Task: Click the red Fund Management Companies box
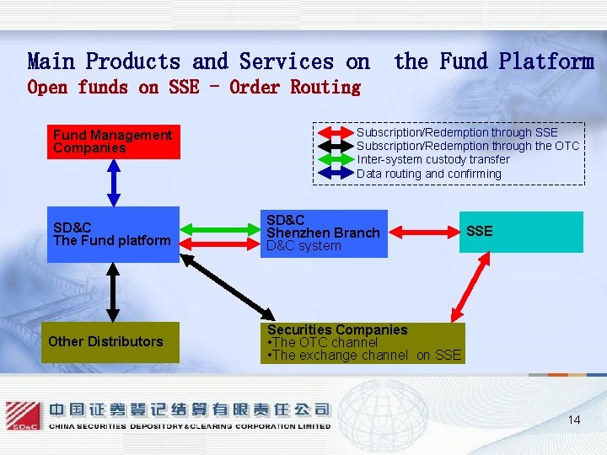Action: pyautogui.click(x=113, y=142)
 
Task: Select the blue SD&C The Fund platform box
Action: pyautogui.click(x=113, y=234)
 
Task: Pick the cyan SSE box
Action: pyautogui.click(x=520, y=232)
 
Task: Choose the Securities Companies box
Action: pyautogui.click(x=363, y=343)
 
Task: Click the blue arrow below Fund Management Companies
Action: pyautogui.click(x=113, y=182)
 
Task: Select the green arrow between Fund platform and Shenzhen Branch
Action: pyautogui.click(x=221, y=227)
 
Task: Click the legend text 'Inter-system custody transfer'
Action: pyautogui.click(x=433, y=159)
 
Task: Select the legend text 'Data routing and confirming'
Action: pyautogui.click(x=429, y=174)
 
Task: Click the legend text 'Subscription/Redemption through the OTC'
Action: pyautogui.click(x=468, y=146)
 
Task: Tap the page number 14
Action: pyautogui.click(x=574, y=420)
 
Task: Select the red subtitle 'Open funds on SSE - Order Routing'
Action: pyautogui.click(x=194, y=87)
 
